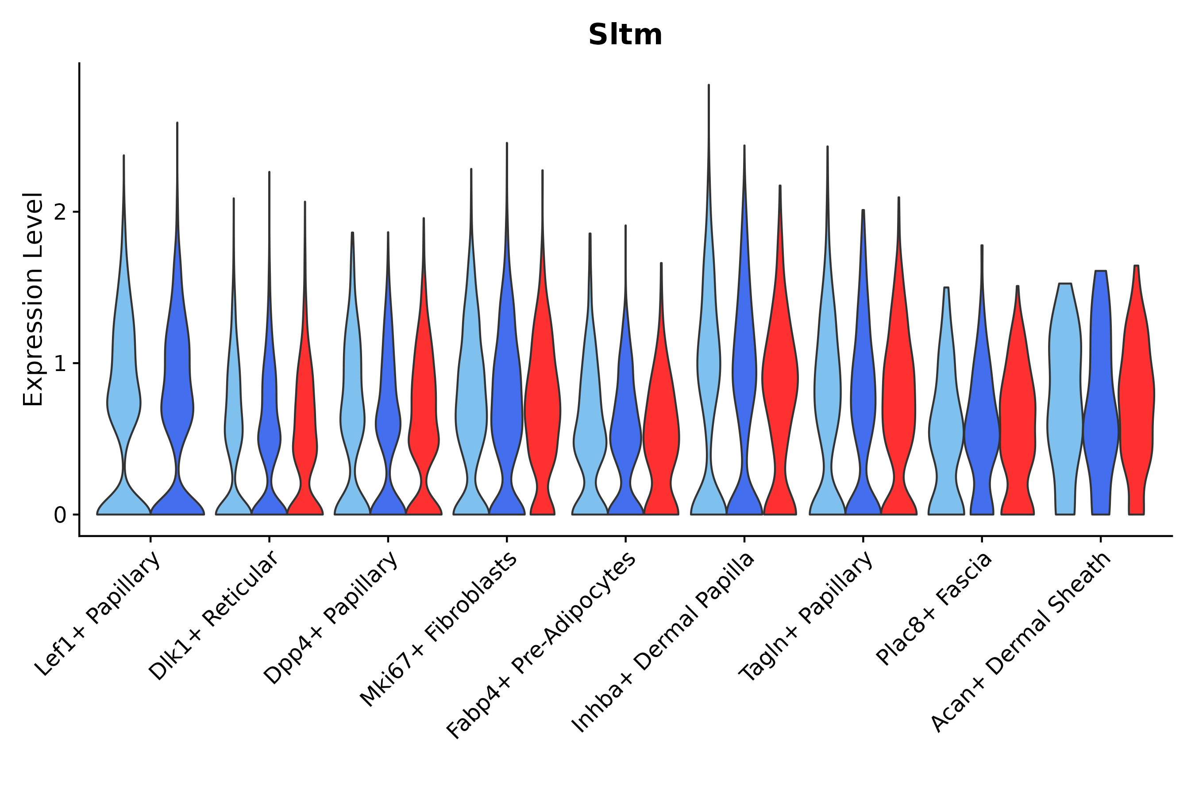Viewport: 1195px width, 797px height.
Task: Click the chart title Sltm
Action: pyautogui.click(x=625, y=35)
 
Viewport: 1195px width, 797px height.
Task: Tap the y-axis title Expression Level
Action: pyautogui.click(x=34, y=299)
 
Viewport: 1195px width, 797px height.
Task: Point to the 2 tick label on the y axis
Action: pyautogui.click(x=60, y=212)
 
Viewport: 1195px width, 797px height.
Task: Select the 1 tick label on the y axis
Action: pyautogui.click(x=60, y=364)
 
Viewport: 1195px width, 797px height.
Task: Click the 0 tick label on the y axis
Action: pyautogui.click(x=60, y=515)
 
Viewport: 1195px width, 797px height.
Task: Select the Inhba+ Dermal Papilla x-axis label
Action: pyautogui.click(x=663, y=643)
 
